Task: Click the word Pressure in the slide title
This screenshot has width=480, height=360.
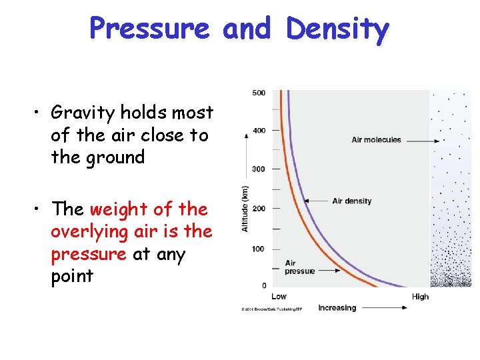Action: (149, 29)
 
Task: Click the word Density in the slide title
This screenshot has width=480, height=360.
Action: (337, 29)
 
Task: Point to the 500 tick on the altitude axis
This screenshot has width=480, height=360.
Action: (259, 93)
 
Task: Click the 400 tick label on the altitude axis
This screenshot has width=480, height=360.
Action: (259, 131)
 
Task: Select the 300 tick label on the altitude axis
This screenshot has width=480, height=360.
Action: (259, 169)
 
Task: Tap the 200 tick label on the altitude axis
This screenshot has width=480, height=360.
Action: (259, 209)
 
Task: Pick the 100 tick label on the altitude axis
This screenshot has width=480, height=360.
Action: (259, 249)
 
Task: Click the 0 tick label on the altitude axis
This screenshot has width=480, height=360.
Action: (263, 285)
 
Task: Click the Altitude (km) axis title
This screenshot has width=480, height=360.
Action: (245, 209)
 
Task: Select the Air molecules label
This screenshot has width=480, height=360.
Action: (376, 140)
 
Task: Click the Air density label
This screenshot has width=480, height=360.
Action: (351, 201)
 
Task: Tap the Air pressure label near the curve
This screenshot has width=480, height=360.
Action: (299, 267)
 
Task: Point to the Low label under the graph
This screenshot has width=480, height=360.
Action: (279, 297)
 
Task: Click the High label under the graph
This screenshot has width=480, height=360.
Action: (420, 297)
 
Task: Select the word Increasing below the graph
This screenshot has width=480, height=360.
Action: (337, 308)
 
